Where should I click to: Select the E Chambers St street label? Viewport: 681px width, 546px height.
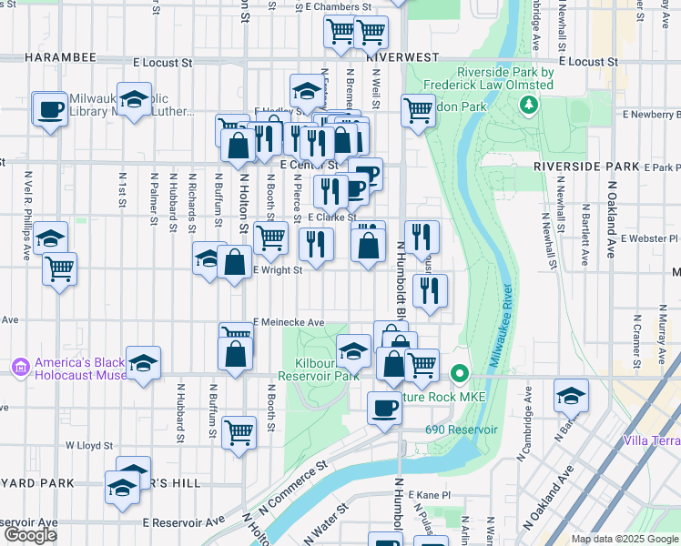coord(339,6)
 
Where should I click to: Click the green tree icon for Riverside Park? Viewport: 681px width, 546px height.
coord(528,106)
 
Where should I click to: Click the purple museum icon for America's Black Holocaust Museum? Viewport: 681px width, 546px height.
coord(20,368)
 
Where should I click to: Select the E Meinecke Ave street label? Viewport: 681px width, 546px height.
coord(289,322)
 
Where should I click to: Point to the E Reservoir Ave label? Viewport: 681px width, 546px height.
coord(183,522)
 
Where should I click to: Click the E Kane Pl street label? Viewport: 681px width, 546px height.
coord(430,494)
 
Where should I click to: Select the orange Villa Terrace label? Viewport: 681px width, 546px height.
coord(651,441)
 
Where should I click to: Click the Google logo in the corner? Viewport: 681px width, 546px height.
coord(29,535)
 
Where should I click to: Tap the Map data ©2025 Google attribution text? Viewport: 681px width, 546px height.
coord(625,539)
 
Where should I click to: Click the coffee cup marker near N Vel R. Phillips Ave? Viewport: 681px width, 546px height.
coord(49,110)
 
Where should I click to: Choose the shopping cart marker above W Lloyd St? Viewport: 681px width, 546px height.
coord(239,431)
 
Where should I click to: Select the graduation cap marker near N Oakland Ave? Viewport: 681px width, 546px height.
coord(571,395)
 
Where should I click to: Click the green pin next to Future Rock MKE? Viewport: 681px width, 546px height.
coord(461,374)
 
